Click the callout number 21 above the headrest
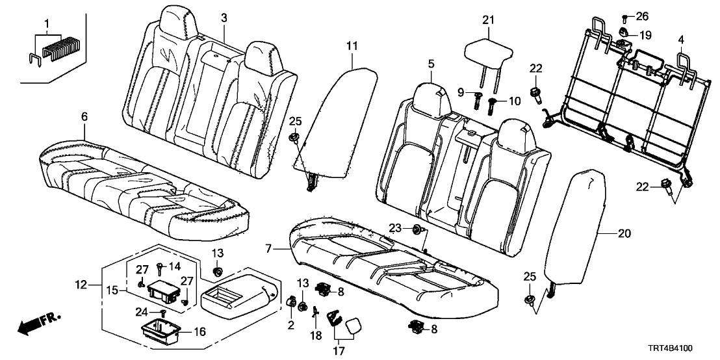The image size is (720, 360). point(488,20)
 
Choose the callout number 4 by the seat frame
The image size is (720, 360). point(680,40)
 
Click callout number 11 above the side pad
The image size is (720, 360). point(352,45)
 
